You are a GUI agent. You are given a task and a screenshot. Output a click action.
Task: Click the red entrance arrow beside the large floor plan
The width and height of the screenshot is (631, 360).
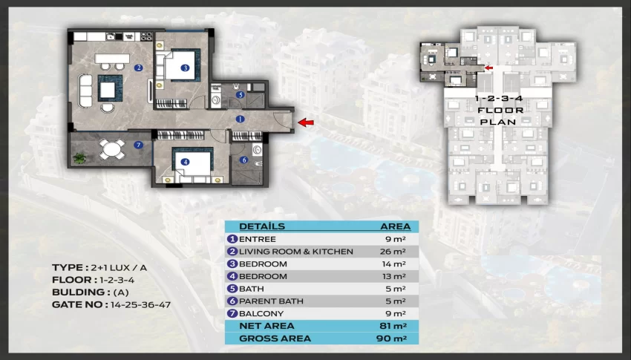[x=305, y=122]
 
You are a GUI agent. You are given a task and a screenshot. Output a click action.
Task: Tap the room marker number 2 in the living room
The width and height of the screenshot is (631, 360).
[x=139, y=68]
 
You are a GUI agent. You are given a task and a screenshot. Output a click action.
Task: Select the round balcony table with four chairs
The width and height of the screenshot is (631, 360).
[x=112, y=149]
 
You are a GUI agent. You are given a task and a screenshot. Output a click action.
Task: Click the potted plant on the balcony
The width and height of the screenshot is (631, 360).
[x=79, y=157]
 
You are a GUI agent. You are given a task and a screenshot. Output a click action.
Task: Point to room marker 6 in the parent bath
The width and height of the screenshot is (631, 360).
[x=244, y=160]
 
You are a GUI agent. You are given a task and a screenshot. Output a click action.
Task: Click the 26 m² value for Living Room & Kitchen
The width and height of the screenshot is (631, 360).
[x=393, y=252]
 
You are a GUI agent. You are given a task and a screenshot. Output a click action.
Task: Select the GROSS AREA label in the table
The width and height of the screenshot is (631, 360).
[x=275, y=338]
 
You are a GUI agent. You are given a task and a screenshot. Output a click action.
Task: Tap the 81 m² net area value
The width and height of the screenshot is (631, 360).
[x=393, y=326]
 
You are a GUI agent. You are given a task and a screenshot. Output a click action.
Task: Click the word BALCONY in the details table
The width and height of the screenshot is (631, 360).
[x=261, y=313]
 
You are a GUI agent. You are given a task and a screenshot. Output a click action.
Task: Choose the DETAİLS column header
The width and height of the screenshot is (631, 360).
[x=262, y=226]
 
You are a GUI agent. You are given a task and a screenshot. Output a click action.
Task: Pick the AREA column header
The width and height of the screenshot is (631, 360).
[x=396, y=226]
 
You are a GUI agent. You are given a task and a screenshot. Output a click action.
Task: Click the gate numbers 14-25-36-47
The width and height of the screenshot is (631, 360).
[x=140, y=304]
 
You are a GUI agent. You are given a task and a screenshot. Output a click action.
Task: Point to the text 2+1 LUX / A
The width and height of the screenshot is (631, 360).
[x=119, y=267]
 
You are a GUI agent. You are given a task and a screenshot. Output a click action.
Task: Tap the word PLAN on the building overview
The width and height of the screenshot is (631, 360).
[x=498, y=122]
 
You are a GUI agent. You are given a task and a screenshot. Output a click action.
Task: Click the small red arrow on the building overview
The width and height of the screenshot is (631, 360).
[x=488, y=68]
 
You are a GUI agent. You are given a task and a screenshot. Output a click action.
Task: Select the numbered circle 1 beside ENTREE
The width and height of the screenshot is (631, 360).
[x=232, y=239]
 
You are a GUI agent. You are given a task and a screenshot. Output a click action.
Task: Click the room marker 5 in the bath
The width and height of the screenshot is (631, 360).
[x=241, y=95]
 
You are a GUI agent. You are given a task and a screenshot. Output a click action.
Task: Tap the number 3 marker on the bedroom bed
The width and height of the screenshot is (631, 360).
[x=185, y=68]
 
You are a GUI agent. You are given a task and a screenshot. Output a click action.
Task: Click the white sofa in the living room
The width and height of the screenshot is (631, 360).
[x=85, y=91]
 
